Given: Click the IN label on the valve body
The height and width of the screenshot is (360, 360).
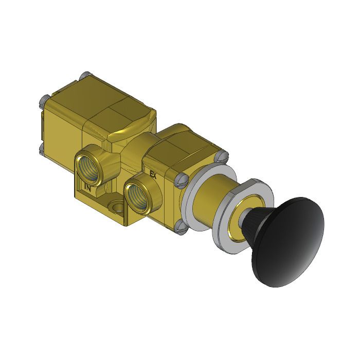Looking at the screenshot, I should pyautogui.click(x=88, y=188).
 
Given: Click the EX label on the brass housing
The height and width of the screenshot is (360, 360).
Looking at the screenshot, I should pyautogui.click(x=153, y=174).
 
